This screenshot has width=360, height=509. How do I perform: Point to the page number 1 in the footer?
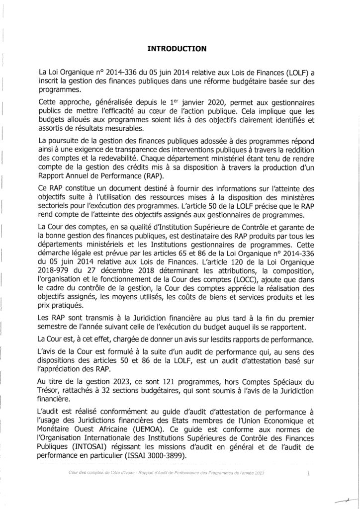click(x=308, y=474)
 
